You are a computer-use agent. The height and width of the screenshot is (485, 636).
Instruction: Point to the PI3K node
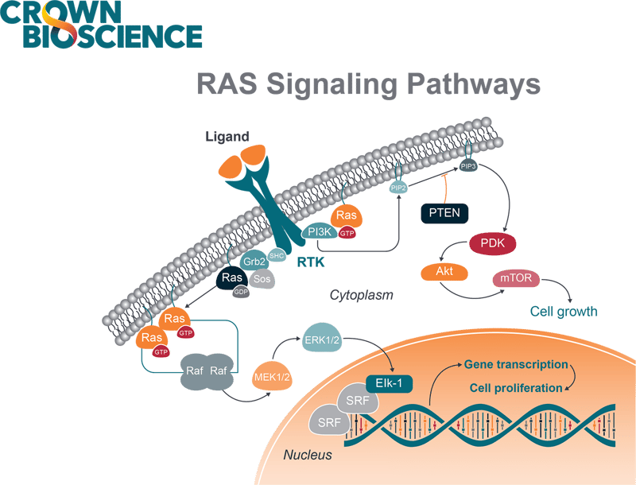(x=320, y=231)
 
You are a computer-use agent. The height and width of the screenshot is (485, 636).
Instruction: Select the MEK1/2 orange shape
(x=272, y=376)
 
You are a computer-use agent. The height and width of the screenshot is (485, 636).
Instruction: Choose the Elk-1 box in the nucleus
(x=389, y=382)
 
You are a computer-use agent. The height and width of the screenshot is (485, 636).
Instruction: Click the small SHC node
(x=277, y=254)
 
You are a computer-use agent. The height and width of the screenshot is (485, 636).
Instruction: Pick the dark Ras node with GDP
(x=231, y=278)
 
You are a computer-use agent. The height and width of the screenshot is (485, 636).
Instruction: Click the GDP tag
(x=241, y=293)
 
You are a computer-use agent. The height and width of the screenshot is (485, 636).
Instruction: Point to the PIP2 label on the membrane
(x=398, y=188)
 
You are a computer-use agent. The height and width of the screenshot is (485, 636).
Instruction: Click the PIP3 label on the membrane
(x=467, y=166)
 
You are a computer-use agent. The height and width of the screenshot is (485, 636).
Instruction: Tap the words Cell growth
(x=564, y=311)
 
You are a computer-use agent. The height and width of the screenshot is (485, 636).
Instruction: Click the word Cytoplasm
(x=362, y=295)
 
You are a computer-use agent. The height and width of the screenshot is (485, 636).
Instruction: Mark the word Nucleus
(x=308, y=456)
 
